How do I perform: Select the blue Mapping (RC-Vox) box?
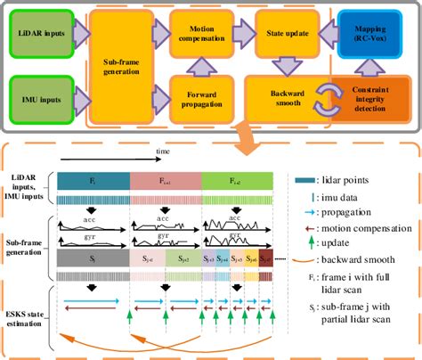[x=377, y=34]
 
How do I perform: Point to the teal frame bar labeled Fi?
[x=93, y=181]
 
